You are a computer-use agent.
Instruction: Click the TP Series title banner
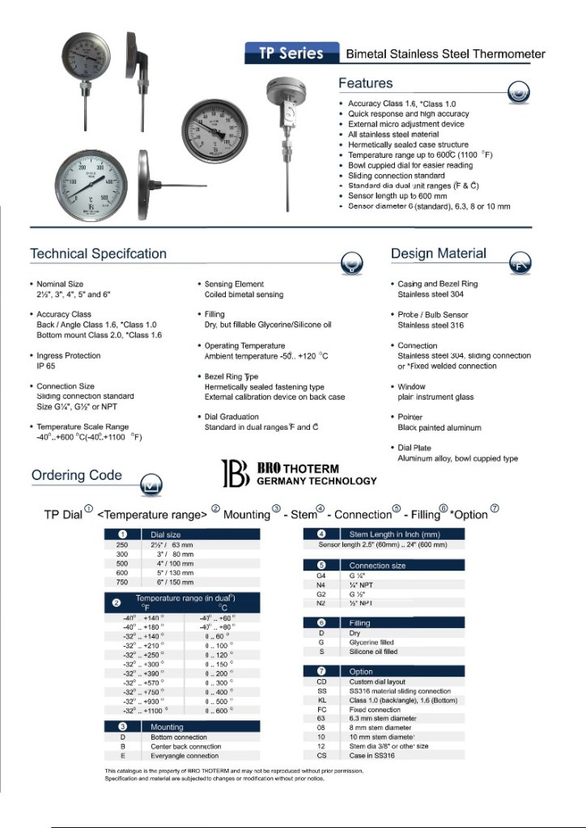tap(291, 54)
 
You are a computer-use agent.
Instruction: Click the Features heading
tap(365, 83)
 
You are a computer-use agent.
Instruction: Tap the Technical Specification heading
tap(98, 253)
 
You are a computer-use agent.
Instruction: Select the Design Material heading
tap(438, 253)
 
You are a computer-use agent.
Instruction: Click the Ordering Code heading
tap(77, 475)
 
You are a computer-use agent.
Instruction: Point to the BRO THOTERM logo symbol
tap(235, 474)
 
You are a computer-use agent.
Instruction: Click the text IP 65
tap(46, 366)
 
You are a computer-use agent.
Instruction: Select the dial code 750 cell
tap(122, 581)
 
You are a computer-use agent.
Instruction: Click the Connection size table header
tap(377, 565)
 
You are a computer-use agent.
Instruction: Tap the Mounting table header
tap(168, 727)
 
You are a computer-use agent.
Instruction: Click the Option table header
tap(361, 671)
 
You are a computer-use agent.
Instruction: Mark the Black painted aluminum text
tap(439, 427)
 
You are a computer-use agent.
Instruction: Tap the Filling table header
tap(359, 622)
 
